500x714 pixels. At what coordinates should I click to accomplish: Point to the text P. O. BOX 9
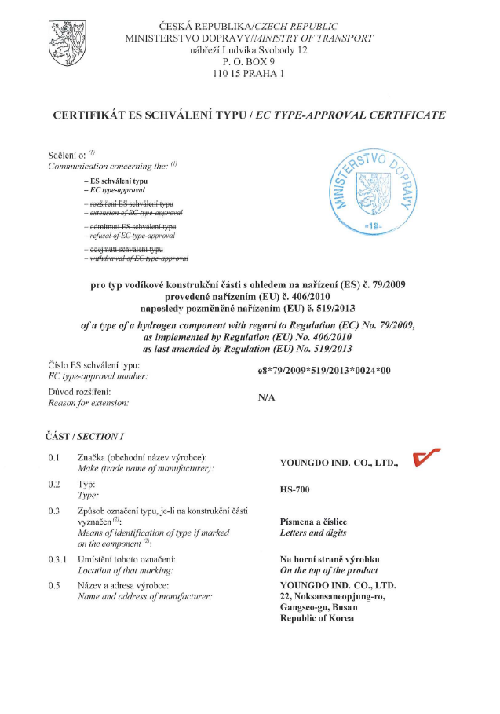[248, 61]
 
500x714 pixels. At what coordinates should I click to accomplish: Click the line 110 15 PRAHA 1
[248, 74]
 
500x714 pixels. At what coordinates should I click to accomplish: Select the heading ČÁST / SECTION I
[86, 436]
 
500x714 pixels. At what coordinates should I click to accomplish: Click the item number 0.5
[53, 586]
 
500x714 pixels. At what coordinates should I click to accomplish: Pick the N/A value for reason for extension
[267, 397]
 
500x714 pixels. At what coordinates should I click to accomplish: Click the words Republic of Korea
[316, 619]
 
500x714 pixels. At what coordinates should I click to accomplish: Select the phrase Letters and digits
[313, 533]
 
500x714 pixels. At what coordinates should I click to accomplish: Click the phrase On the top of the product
[329, 570]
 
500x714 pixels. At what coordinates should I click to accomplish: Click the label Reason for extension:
[89, 402]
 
